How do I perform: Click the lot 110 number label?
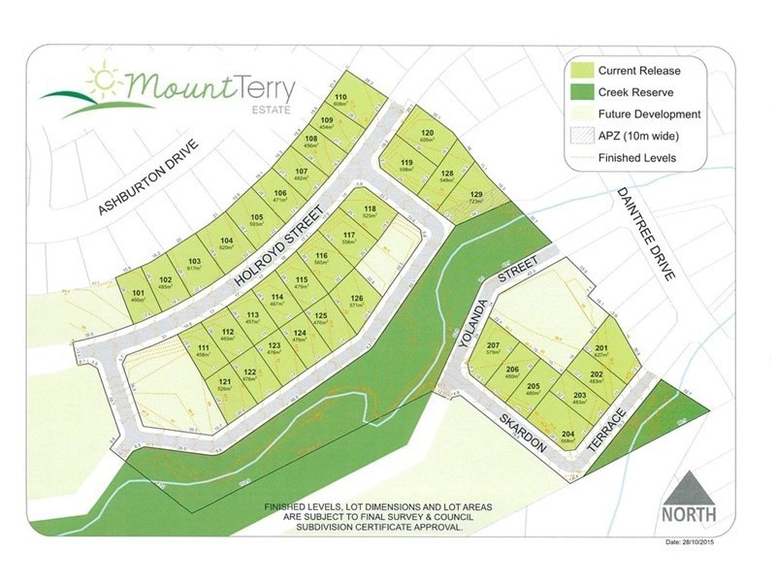pos(340,97)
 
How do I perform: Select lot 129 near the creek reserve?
pos(475,196)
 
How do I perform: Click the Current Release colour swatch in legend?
pos(582,70)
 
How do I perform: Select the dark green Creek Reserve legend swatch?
pos(582,92)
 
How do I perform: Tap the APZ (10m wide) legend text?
pos(641,136)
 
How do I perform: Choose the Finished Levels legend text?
pos(637,158)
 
